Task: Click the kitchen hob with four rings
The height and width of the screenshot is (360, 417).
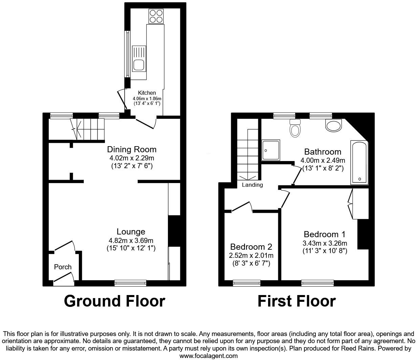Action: (156, 16)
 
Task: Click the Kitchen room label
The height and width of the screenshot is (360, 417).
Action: (147, 93)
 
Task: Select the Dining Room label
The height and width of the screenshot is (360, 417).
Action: (132, 149)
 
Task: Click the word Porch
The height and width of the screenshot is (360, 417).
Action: (63, 267)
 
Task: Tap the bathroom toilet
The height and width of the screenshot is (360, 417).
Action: (295, 128)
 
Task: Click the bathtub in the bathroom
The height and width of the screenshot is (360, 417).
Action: (359, 162)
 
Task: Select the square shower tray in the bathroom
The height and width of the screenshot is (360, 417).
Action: (271, 150)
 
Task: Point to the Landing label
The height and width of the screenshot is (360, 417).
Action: (253, 185)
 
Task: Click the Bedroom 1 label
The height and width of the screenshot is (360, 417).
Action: (325, 234)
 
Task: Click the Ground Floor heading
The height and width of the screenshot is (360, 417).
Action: (114, 301)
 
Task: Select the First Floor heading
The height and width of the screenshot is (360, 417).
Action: (297, 301)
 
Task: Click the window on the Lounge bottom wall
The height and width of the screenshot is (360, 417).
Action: (130, 283)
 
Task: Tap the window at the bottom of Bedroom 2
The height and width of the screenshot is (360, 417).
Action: (247, 283)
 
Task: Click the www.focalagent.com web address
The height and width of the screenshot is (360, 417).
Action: (208, 356)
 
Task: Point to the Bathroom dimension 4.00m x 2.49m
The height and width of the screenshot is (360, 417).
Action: (323, 160)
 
